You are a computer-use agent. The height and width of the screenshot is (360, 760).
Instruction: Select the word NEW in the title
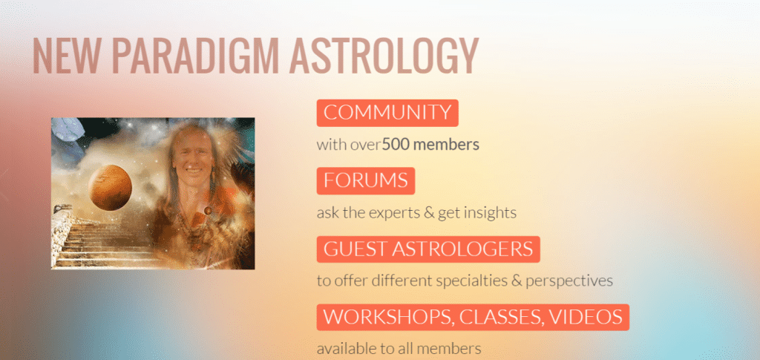pyautogui.click(x=66, y=56)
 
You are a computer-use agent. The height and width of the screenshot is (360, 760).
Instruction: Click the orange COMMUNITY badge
pyautogui.click(x=387, y=113)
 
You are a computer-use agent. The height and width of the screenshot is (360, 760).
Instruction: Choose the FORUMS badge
pyautogui.click(x=365, y=180)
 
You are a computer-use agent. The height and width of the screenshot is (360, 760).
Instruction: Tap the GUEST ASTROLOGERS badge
pyautogui.click(x=428, y=249)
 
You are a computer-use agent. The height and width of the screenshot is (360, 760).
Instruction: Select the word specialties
pyautogui.click(x=470, y=281)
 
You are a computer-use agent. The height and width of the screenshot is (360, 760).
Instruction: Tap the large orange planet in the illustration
pyautogui.click(x=110, y=188)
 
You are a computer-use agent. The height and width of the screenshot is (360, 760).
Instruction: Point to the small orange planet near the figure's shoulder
pyautogui.click(x=208, y=210)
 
